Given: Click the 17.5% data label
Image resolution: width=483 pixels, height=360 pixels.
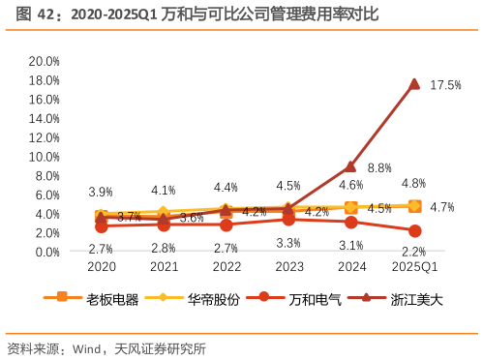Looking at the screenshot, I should point(445,85).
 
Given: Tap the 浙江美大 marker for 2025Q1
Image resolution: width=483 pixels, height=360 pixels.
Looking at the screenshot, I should point(414,84).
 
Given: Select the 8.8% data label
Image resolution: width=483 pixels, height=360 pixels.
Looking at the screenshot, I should point(379,167).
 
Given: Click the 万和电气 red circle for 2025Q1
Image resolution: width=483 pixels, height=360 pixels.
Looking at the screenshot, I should point(414,231).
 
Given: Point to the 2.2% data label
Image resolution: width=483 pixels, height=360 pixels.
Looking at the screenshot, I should point(414,252).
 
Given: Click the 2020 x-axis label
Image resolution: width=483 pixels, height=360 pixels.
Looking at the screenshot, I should point(101,267).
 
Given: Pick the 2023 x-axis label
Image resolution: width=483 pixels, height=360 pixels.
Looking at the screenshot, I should point(288,267).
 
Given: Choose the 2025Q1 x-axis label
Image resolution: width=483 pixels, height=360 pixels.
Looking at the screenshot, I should point(414,267).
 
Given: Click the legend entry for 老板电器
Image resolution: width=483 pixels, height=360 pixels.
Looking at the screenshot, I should point(92,300).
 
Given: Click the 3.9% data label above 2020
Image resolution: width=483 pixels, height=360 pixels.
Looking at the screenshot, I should point(101,193).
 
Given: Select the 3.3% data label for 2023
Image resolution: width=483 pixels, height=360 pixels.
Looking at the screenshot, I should point(288,243).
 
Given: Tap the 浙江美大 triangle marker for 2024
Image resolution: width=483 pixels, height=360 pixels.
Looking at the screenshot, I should point(351,166).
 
